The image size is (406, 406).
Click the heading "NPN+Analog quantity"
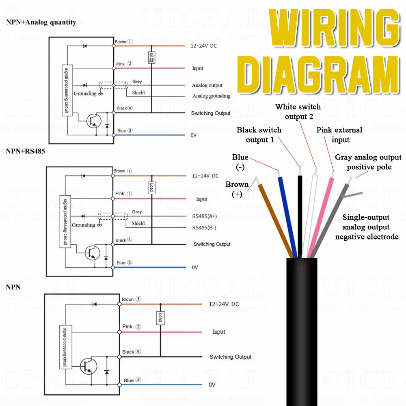41,22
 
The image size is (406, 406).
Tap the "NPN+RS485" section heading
26,151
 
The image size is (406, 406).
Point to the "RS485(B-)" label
204,227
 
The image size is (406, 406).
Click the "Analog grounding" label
211,96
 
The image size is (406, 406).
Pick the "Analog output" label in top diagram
207,86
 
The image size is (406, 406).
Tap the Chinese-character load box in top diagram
151,58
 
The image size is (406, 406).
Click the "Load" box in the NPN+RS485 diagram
151,187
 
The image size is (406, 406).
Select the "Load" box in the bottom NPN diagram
160,318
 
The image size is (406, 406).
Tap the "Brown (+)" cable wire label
237,189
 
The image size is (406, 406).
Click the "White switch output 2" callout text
298,112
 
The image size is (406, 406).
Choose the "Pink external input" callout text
339,135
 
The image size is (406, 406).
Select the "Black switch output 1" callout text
259,135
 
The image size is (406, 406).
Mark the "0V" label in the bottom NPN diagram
212,385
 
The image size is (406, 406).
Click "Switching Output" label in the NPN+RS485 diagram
212,244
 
